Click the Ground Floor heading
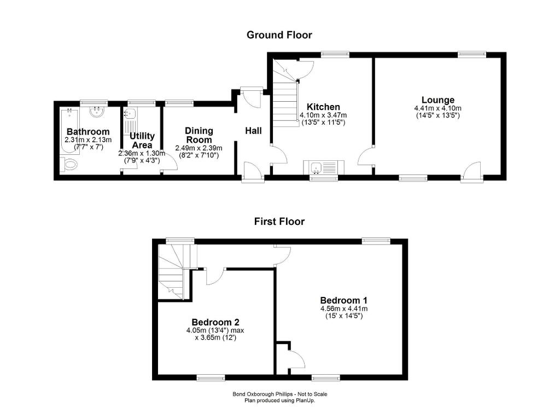[x=279, y=35]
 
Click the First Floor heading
[x=279, y=222]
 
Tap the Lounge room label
[x=438, y=100]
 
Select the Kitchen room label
[x=323, y=107]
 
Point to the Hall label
[x=253, y=131]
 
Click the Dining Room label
[x=199, y=135]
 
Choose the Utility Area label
[x=142, y=141]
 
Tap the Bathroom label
[x=88, y=132]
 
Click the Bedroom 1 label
[x=343, y=300]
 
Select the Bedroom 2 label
[x=215, y=322]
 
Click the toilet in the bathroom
[x=69, y=164]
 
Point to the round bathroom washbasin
[x=96, y=112]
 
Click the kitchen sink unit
[x=324, y=167]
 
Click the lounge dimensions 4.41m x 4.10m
[x=438, y=108]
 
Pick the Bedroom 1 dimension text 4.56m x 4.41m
[x=344, y=309]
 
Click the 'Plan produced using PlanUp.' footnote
[x=279, y=400]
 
